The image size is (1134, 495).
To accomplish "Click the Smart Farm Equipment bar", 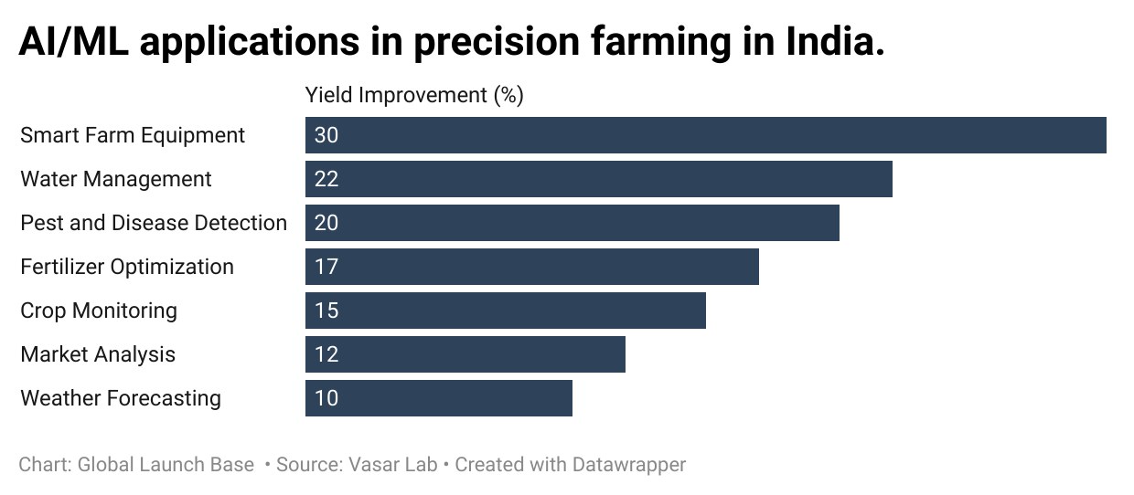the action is pyautogui.click(x=706, y=135).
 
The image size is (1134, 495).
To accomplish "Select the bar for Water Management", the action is pyautogui.click(x=599, y=179).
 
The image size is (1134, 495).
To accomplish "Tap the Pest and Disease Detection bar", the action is pyautogui.click(x=572, y=223).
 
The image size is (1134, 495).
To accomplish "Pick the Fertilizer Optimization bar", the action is pyautogui.click(x=532, y=267).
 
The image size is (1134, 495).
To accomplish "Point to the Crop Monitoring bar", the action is pyautogui.click(x=505, y=311).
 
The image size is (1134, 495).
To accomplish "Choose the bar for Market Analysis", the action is pyautogui.click(x=465, y=354).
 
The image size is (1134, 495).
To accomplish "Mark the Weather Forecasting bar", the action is pyautogui.click(x=439, y=398).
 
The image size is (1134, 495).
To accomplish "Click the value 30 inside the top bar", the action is pyautogui.click(x=326, y=135).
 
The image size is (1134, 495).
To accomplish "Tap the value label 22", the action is pyautogui.click(x=326, y=179).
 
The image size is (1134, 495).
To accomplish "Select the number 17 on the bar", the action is pyautogui.click(x=326, y=267).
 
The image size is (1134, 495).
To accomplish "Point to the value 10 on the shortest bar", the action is pyautogui.click(x=326, y=398).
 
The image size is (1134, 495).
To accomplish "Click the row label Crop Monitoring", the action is pyautogui.click(x=99, y=311).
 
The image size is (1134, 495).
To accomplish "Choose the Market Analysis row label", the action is pyautogui.click(x=98, y=354).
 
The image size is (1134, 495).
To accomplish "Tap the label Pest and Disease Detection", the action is pyautogui.click(x=154, y=223).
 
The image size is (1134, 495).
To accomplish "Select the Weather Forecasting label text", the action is pyautogui.click(x=121, y=398).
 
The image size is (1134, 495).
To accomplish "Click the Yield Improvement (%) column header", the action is pyautogui.click(x=414, y=95).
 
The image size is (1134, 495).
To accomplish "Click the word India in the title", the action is pyautogui.click(x=829, y=40).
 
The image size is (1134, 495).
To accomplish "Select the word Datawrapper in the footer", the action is pyautogui.click(x=629, y=466).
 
